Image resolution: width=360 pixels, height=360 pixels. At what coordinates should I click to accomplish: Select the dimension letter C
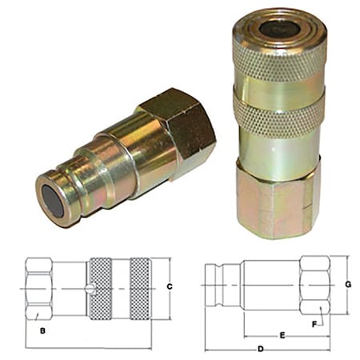[170, 286]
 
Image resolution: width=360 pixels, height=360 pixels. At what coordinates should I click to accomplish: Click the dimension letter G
[349, 284]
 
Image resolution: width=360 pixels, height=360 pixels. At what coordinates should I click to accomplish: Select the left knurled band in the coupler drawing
[100, 289]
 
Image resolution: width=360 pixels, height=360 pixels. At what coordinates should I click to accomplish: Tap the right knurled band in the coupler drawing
[139, 289]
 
